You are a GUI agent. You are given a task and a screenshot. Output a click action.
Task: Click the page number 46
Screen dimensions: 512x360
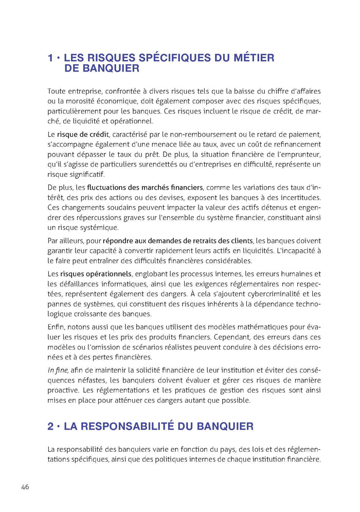[x=26, y=487]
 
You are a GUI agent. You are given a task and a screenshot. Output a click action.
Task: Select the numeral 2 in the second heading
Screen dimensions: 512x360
[x=51, y=426]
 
